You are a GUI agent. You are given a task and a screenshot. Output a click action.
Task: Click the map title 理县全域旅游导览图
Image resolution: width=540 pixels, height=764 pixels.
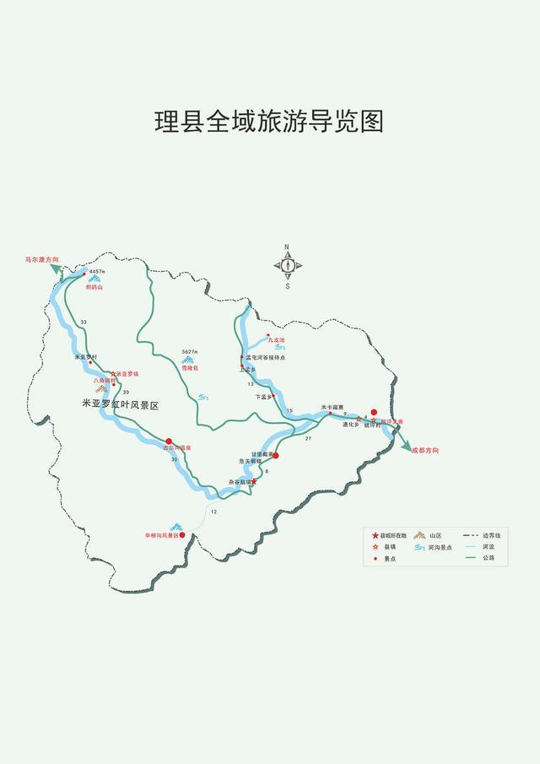269,121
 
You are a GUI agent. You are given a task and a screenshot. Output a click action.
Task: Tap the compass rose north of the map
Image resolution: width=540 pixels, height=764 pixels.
287,265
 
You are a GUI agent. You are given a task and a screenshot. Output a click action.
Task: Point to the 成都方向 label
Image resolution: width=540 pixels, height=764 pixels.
426,450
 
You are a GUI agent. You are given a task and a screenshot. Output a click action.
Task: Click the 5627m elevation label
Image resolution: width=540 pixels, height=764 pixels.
190,351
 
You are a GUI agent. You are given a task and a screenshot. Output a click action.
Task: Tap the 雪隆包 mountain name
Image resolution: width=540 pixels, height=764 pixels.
192,369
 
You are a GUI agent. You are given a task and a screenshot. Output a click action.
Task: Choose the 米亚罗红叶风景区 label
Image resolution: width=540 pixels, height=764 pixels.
121,405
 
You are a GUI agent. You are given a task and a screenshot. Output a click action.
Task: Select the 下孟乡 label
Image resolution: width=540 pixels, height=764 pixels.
264,396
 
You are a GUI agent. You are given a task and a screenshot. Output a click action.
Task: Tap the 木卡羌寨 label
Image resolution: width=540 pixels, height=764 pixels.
332,406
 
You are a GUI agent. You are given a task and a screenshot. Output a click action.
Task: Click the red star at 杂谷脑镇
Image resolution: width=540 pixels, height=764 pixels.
255,482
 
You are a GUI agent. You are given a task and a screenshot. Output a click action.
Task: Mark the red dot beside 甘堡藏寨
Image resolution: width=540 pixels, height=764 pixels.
275,455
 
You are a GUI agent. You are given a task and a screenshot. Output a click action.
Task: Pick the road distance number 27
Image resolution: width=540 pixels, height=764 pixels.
309,439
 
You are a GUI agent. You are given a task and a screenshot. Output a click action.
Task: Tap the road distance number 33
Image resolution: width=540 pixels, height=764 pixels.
84,322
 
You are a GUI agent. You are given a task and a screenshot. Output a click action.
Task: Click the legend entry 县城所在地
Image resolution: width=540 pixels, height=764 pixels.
392,535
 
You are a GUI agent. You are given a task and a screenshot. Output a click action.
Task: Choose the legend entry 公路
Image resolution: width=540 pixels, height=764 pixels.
489,558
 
